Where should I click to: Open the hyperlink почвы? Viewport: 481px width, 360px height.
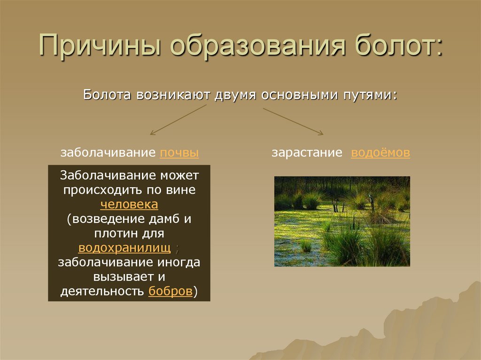(179, 153)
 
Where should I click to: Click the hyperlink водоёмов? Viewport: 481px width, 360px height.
(380, 153)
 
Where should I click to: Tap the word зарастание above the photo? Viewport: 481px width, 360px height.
(306, 153)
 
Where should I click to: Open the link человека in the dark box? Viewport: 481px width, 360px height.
(129, 205)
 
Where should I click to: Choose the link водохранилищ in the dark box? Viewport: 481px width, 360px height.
(125, 248)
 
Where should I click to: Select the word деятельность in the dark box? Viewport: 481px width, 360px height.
(102, 291)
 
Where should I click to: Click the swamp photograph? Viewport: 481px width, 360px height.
(342, 221)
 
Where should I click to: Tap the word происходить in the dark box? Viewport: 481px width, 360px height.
(97, 190)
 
